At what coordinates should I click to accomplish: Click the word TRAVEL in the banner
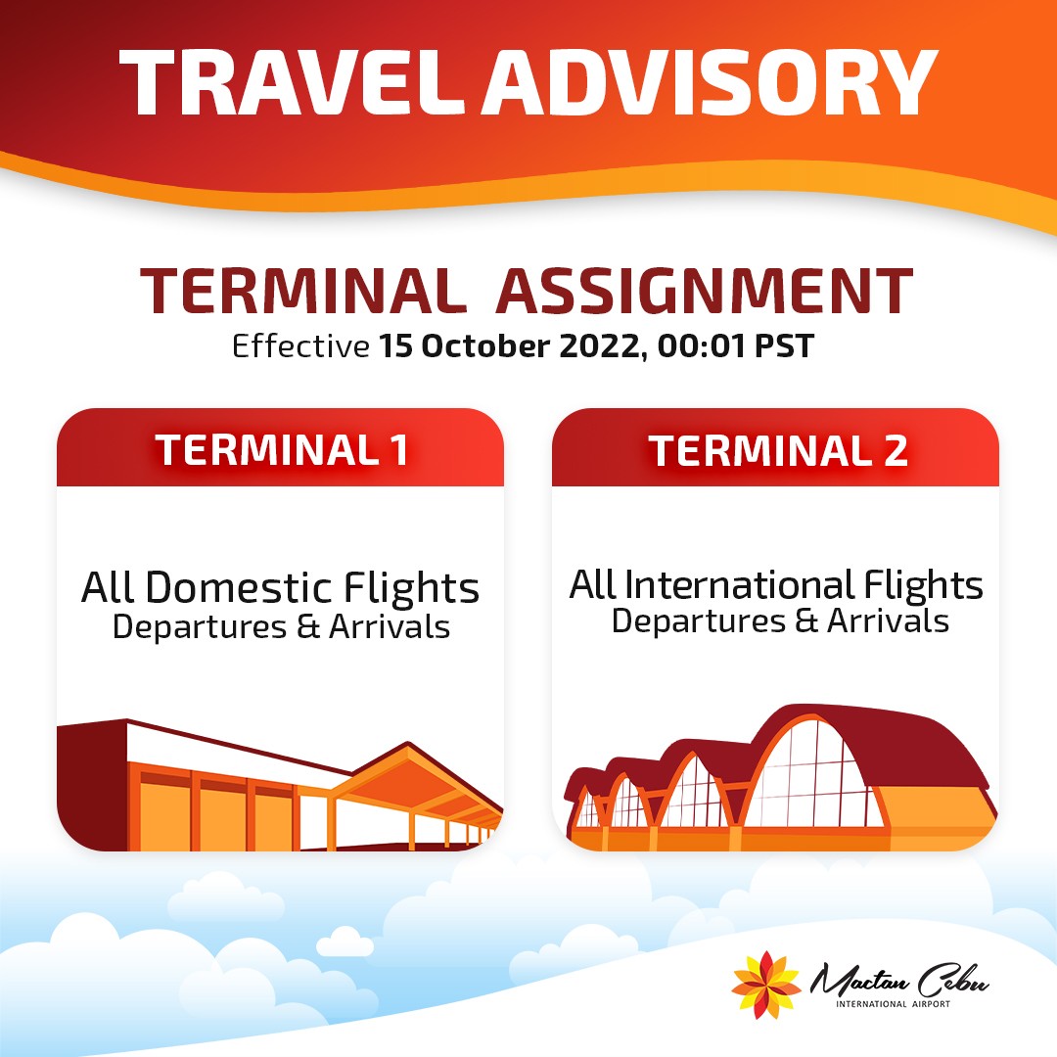(x=292, y=83)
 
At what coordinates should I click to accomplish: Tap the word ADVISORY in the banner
(x=710, y=83)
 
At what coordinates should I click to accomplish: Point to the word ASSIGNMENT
(x=705, y=292)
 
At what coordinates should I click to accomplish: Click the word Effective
(x=300, y=345)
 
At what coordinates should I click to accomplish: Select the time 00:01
(x=701, y=345)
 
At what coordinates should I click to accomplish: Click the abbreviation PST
(x=784, y=345)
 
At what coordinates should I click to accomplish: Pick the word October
(x=484, y=345)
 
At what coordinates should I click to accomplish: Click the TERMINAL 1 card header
(x=281, y=447)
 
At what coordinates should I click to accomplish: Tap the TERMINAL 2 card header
(x=775, y=447)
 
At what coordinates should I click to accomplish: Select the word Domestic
(x=239, y=587)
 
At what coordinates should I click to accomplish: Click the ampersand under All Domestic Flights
(x=307, y=627)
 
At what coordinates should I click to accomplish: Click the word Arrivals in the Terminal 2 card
(x=888, y=620)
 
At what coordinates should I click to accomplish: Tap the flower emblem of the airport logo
(x=765, y=985)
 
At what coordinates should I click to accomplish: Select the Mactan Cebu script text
(x=899, y=981)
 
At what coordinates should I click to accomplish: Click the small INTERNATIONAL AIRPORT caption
(x=894, y=1004)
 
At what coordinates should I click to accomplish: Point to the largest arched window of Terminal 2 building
(x=814, y=775)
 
